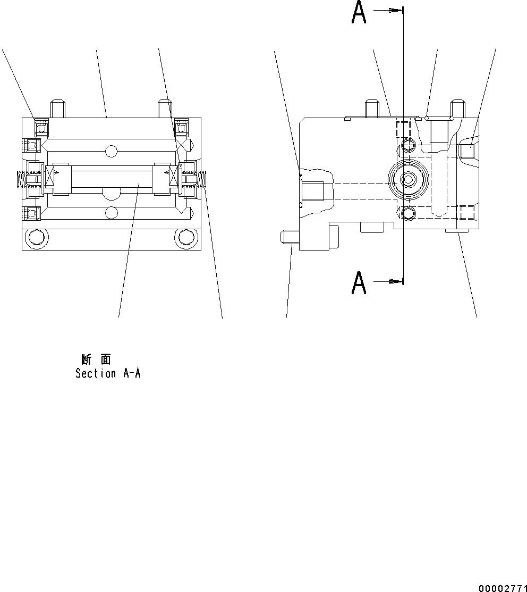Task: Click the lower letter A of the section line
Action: coord(359,283)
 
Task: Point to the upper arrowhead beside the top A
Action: coord(394,10)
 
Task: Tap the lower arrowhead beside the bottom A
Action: coord(394,281)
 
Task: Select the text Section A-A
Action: coord(108,373)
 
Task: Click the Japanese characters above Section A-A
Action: coord(96,360)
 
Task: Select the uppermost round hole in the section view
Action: coord(111,151)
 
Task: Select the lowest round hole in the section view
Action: coord(111,213)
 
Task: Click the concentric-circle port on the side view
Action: coord(407,180)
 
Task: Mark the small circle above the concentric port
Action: coord(407,145)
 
